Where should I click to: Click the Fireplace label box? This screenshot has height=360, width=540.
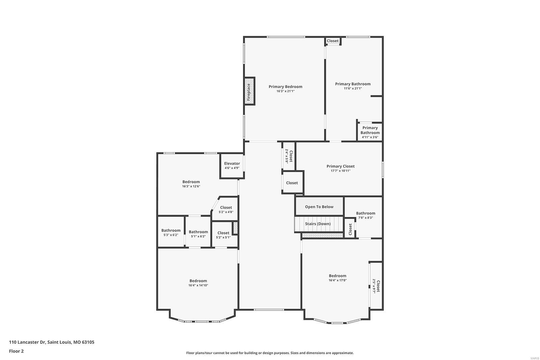click(x=249, y=91)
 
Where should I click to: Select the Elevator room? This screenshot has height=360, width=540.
click(x=232, y=165)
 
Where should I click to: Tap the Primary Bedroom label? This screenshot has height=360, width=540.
click(x=285, y=87)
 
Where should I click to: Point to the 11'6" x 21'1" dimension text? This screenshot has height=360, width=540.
click(x=353, y=89)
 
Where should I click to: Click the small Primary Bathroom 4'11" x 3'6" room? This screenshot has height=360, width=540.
click(x=370, y=132)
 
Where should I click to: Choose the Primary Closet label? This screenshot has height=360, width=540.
click(x=340, y=166)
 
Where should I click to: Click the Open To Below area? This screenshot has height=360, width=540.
click(x=319, y=207)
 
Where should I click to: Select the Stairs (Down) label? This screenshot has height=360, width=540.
click(x=318, y=224)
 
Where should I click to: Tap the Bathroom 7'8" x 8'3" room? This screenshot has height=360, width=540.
click(x=366, y=215)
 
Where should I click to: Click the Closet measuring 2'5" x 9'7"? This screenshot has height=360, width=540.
click(x=376, y=286)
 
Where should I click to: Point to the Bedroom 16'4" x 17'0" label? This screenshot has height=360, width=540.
click(x=337, y=276)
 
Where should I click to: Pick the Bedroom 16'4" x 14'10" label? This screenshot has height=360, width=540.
click(x=198, y=281)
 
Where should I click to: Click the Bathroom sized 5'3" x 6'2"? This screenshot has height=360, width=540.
click(x=171, y=232)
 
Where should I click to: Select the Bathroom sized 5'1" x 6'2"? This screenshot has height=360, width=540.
click(x=198, y=234)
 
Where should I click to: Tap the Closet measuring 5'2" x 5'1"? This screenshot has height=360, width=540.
click(x=223, y=235)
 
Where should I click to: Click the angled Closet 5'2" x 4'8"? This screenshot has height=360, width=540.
click(x=226, y=210)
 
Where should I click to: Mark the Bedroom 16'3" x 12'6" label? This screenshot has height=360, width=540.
click(x=191, y=182)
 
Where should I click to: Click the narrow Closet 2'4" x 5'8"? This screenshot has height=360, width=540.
click(x=289, y=156)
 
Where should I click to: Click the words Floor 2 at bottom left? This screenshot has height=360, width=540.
click(x=16, y=351)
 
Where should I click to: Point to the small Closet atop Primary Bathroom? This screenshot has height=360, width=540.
click(x=332, y=41)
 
